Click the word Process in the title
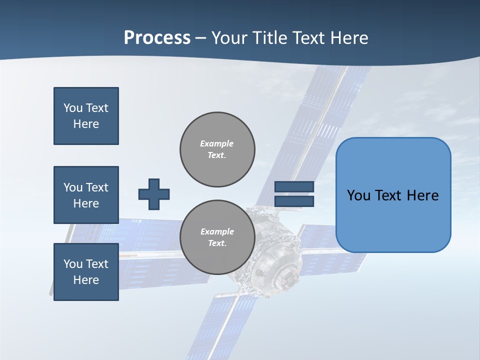point(157,38)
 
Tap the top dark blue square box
point(86,116)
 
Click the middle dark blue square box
point(86,195)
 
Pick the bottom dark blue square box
point(86,272)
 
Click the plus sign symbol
point(154,194)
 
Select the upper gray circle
point(217,149)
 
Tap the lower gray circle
point(217,237)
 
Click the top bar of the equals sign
point(294,186)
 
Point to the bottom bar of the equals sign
point(294,201)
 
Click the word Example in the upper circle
point(217,143)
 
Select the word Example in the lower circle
point(217,231)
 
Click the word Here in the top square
point(86,124)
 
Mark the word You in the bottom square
point(72,264)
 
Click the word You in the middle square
point(72,187)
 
